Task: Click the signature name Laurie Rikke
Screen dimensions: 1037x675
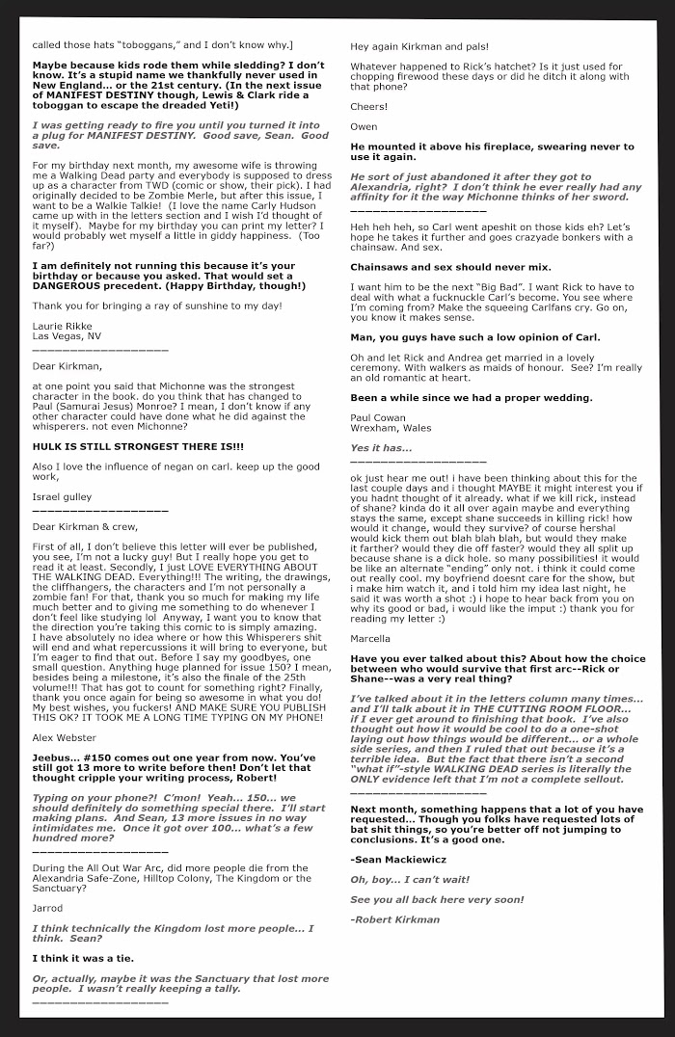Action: pyautogui.click(x=59, y=326)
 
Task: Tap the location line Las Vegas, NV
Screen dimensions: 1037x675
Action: pyautogui.click(x=67, y=336)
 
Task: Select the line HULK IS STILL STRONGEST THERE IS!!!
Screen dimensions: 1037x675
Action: pyautogui.click(x=138, y=446)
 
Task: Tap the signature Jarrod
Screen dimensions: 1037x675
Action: pyautogui.click(x=47, y=908)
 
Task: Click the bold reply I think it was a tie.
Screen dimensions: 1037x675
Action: pyautogui.click(x=83, y=958)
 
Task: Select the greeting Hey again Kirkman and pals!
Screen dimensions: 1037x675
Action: pyautogui.click(x=419, y=46)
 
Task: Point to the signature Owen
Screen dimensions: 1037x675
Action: pyautogui.click(x=364, y=126)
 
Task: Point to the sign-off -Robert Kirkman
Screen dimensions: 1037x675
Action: pyautogui.click(x=394, y=918)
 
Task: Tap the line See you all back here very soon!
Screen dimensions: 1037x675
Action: pyautogui.click(x=437, y=898)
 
